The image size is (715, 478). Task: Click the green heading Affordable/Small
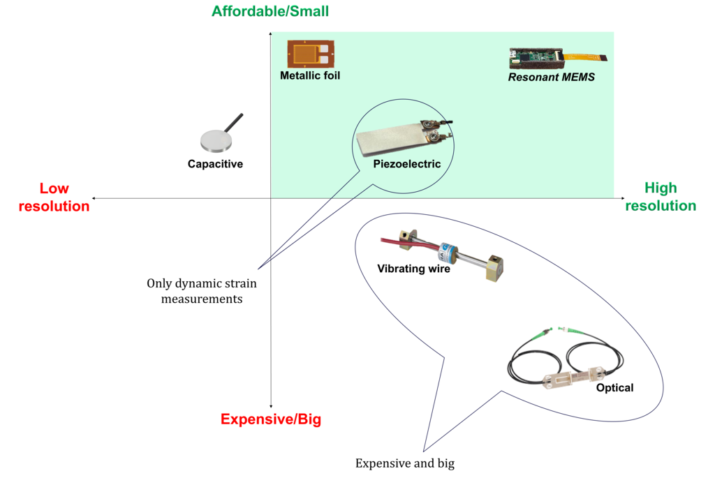click(270, 11)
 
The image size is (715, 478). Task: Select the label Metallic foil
click(310, 75)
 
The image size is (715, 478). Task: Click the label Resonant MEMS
click(551, 77)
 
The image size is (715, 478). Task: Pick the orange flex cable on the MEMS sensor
click(589, 57)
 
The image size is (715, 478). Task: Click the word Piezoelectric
click(407, 164)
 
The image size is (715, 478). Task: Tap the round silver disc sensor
click(216, 140)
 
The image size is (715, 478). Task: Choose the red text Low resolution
click(54, 197)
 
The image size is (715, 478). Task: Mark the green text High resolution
click(661, 197)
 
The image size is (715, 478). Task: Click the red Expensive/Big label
click(270, 419)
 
